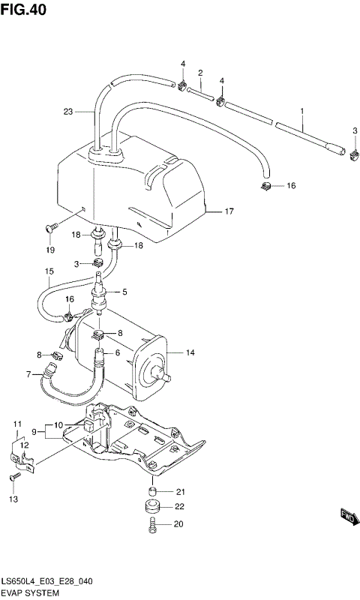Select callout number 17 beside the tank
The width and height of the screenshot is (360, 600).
(x=229, y=212)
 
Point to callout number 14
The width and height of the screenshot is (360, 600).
(x=190, y=352)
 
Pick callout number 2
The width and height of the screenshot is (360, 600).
(x=200, y=73)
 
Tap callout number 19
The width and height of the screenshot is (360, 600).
(x=50, y=250)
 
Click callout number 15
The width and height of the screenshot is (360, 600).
(x=49, y=271)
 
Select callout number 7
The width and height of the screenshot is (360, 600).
(x=28, y=374)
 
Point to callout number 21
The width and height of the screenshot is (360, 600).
(x=180, y=492)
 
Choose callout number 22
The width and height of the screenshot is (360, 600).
(x=180, y=508)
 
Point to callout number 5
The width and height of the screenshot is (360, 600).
(x=124, y=292)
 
